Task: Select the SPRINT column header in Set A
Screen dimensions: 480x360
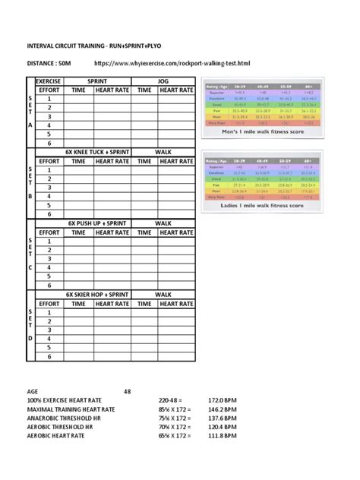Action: click(x=97, y=80)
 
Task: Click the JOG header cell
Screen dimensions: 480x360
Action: click(x=163, y=80)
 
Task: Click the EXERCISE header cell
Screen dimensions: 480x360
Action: click(x=49, y=80)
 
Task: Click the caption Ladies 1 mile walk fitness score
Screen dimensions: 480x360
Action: click(x=264, y=205)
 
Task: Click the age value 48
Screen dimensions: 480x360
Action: click(x=128, y=391)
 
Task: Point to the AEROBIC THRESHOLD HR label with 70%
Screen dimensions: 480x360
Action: click(x=60, y=427)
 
